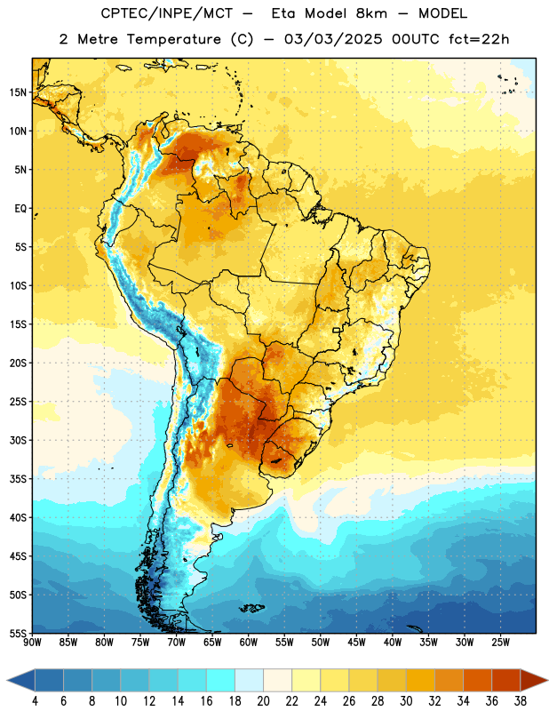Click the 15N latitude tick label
pyautogui.click(x=18, y=92)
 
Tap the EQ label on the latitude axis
pyautogui.click(x=20, y=209)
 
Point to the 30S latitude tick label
pyautogui.click(x=18, y=440)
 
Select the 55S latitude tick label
pyautogui.click(x=18, y=633)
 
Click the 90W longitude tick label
pyautogui.click(x=32, y=642)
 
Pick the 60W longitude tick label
pyautogui.click(x=249, y=642)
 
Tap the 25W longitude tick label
pyautogui.click(x=500, y=642)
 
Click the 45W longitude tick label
pyautogui.click(x=356, y=642)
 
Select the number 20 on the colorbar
pyautogui.click(x=263, y=701)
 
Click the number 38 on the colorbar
pyautogui.click(x=520, y=701)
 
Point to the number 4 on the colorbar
pyautogui.click(x=35, y=701)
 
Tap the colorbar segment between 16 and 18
pyautogui.click(x=220, y=680)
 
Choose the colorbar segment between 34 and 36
pyautogui.click(x=477, y=680)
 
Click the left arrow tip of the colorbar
pyautogui.click(x=7, y=680)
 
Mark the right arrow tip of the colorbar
pyautogui.click(x=548, y=680)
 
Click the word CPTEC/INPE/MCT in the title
pyautogui.click(x=166, y=13)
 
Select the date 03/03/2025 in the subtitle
pyautogui.click(x=333, y=39)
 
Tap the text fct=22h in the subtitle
pyautogui.click(x=479, y=39)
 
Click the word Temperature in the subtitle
pyautogui.click(x=173, y=39)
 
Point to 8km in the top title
pyautogui.click(x=371, y=13)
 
